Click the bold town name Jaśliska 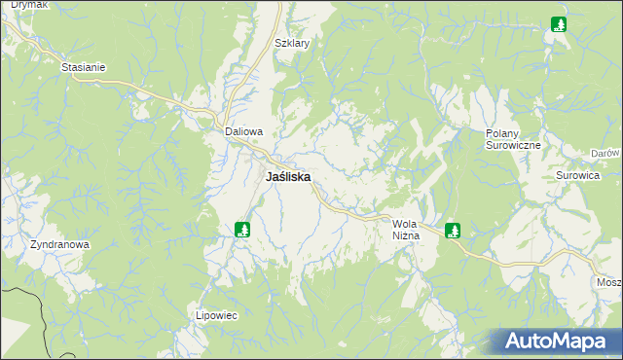point(288,178)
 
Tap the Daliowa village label point(244,131)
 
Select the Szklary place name point(292,44)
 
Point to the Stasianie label point(83,68)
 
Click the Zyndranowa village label point(59,245)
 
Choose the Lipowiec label point(217,315)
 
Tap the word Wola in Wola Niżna point(405,224)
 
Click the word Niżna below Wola point(405,236)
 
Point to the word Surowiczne point(513,144)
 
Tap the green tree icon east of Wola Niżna point(452,231)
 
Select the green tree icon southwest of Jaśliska point(242,230)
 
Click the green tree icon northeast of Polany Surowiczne point(559,24)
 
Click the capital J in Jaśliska point(270,178)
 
